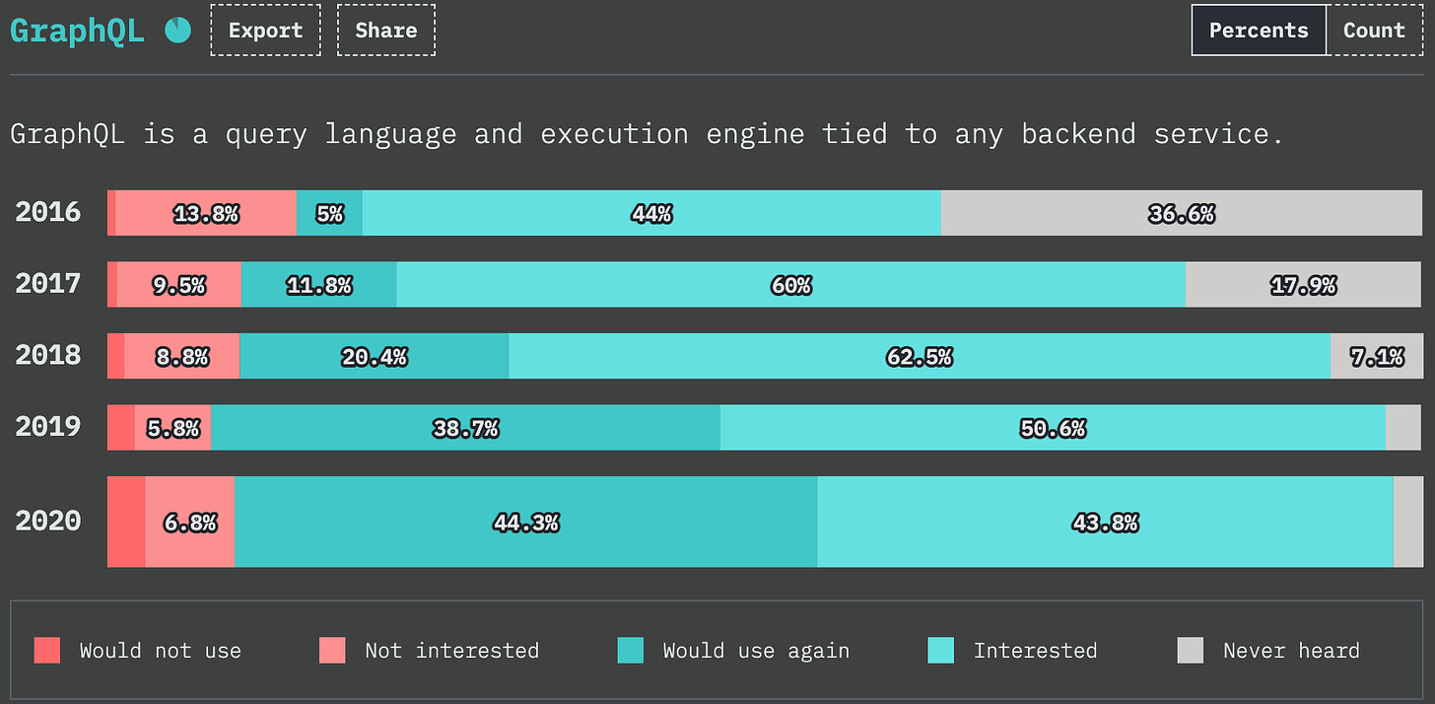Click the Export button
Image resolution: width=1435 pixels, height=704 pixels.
265,31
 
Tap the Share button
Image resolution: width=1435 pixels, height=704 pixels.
386,31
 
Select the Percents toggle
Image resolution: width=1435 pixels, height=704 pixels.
1259,31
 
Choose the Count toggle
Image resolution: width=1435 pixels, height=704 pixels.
1374,31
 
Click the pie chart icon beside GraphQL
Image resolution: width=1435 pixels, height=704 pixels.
177,31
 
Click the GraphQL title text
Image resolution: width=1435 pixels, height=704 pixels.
77,31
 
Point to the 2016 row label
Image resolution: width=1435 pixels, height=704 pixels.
48,212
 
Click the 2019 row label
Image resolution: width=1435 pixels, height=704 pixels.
48,427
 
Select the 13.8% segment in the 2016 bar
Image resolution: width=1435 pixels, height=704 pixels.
206,213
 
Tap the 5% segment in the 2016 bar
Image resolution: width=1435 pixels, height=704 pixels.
329,213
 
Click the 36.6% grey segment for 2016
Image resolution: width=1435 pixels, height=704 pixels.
1182,213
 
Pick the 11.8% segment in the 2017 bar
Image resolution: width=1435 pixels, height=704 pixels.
319,285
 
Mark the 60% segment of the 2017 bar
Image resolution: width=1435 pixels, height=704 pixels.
791,285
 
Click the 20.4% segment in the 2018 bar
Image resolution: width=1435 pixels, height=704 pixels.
375,356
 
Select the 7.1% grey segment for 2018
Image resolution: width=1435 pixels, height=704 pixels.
1377,356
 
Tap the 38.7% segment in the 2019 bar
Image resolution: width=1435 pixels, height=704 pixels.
466,428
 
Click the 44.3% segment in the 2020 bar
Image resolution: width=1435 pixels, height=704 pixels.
526,522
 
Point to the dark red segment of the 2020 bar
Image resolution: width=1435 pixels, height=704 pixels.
126,522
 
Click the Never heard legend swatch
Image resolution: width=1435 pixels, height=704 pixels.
1191,650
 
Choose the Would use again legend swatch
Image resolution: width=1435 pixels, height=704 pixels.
631,650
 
